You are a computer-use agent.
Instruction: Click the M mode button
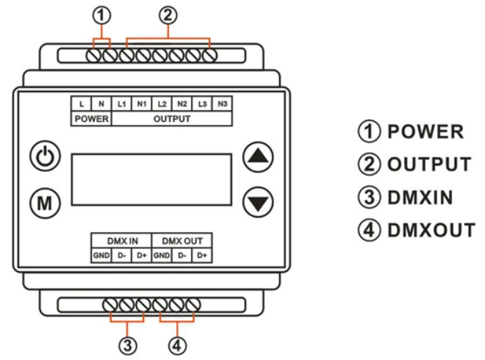point(43,201)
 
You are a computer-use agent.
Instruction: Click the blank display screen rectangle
point(151,181)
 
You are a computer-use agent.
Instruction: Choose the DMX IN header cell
point(121,241)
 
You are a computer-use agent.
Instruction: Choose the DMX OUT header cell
point(182,241)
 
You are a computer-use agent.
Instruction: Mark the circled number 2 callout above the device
point(168,13)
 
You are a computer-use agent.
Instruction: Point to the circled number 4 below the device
point(177,344)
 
